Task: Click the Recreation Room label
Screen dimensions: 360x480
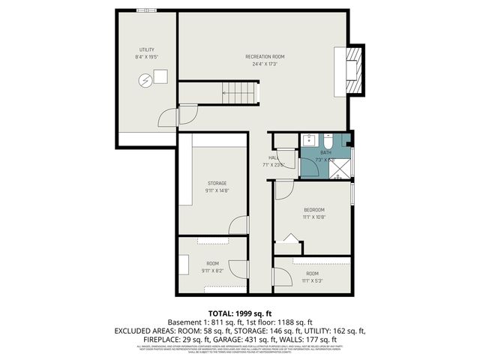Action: coord(265,57)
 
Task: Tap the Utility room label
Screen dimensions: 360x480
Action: coord(146,49)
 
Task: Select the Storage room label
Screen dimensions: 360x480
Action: coord(217,183)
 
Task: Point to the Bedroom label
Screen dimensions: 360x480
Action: coord(313,209)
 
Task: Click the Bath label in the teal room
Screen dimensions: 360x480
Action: coord(325,152)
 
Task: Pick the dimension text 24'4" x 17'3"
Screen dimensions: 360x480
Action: coord(265,64)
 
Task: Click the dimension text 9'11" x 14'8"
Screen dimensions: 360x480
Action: coord(217,190)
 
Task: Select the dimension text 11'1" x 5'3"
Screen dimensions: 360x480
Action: coord(312,281)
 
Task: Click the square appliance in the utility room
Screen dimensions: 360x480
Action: coord(160,76)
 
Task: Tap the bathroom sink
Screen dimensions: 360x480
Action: coord(309,139)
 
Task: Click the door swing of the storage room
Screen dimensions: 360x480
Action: coord(238,225)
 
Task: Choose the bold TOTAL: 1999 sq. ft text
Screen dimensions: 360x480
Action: coord(240,313)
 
